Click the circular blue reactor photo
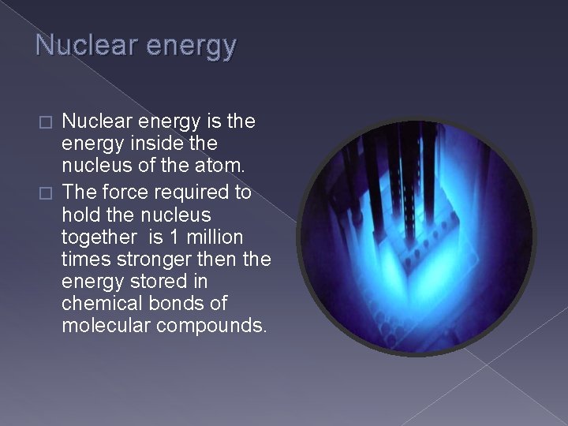point(417,237)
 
